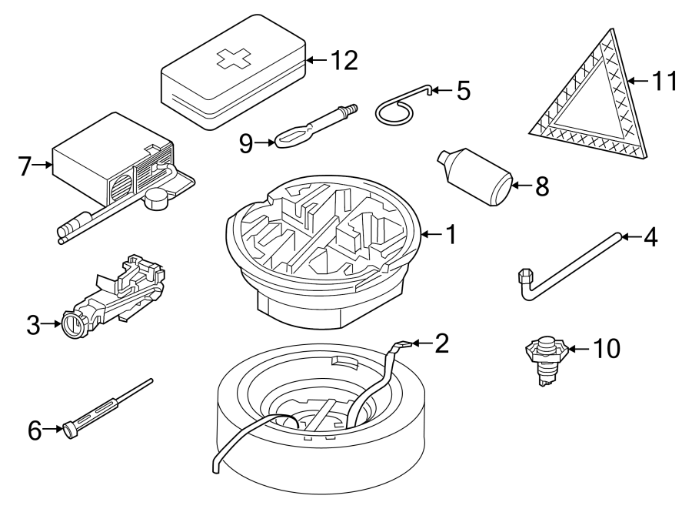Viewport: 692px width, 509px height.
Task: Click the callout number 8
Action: pyautogui.click(x=542, y=186)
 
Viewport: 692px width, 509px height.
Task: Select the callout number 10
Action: pyautogui.click(x=606, y=349)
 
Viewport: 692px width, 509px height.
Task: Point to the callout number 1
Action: pyautogui.click(x=451, y=234)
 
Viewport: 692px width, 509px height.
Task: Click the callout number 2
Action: pyautogui.click(x=441, y=343)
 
